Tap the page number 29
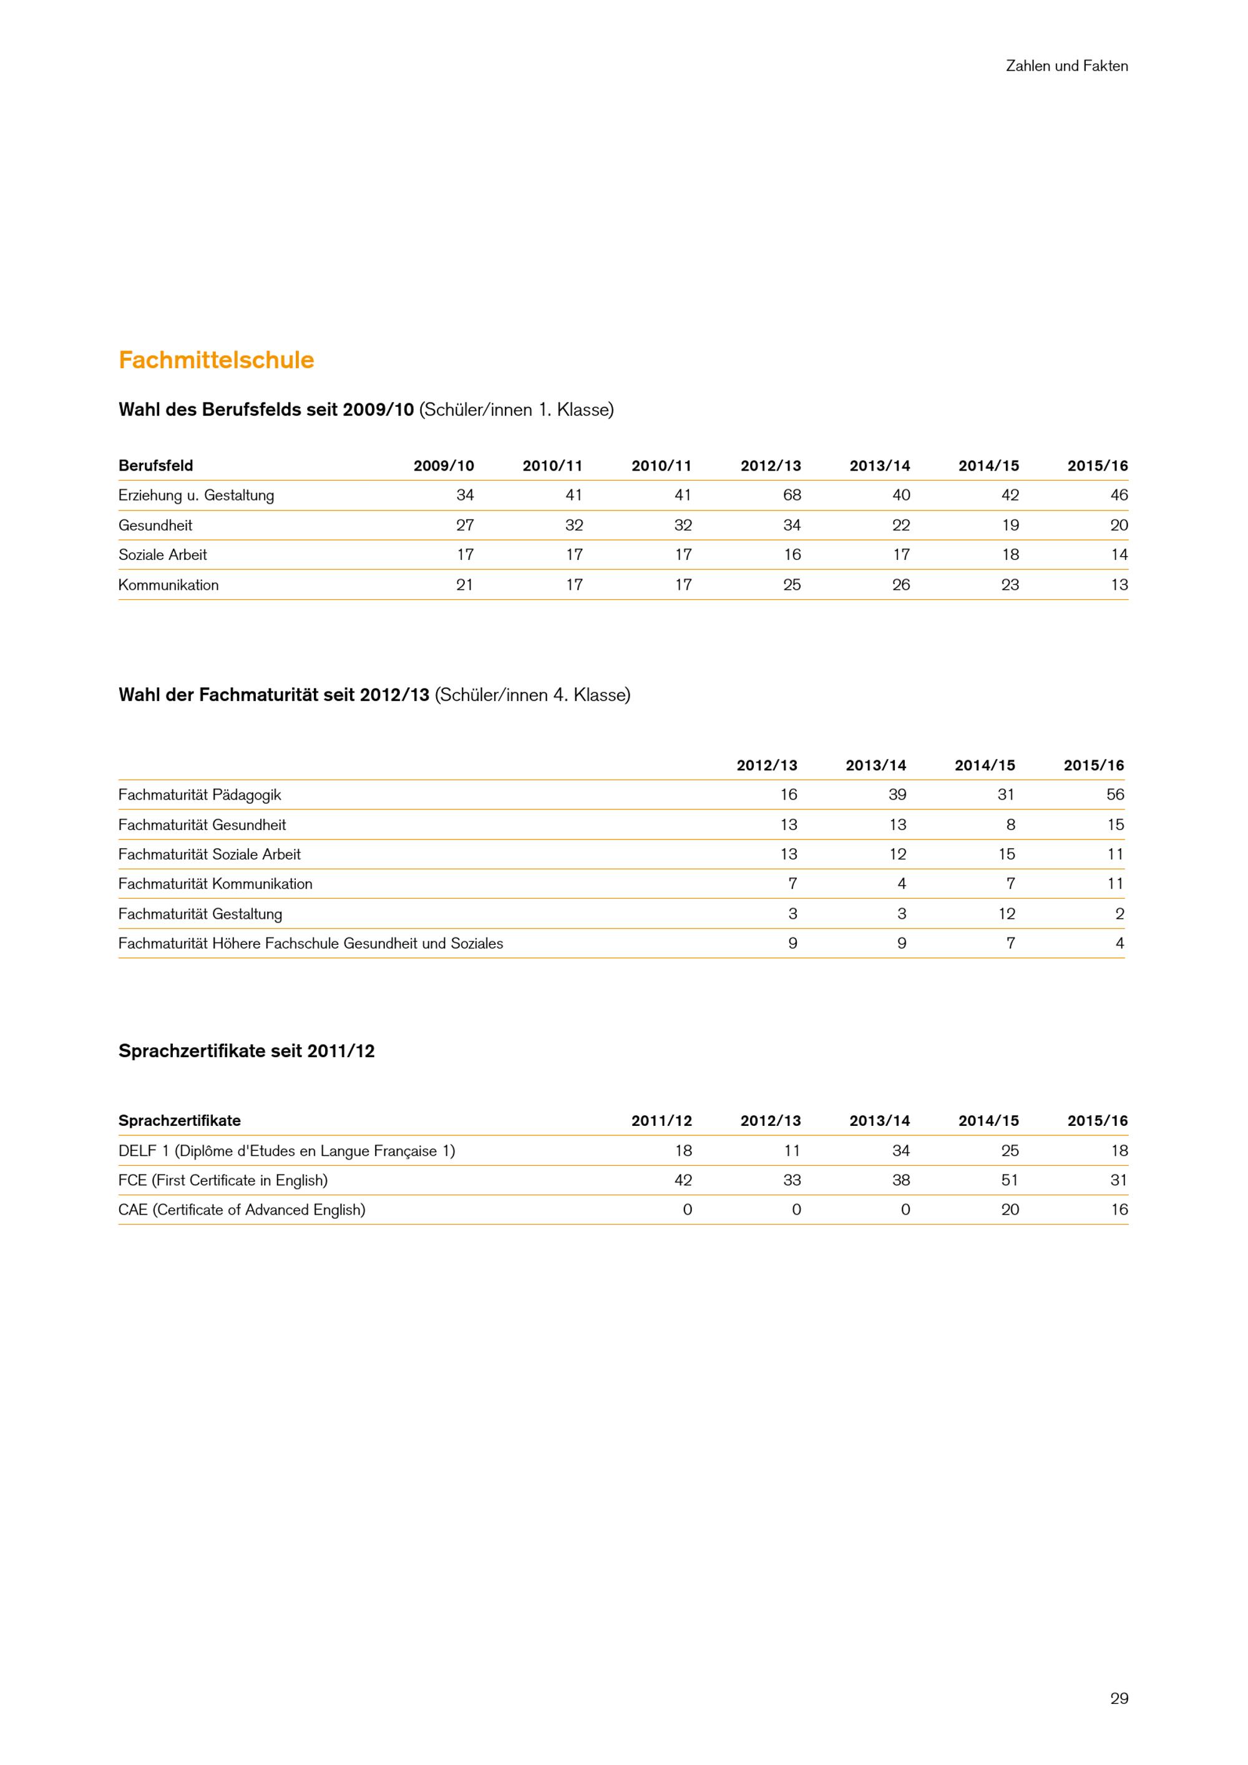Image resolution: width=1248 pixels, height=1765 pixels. point(1119,1698)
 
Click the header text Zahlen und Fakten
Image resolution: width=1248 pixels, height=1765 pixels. point(1066,66)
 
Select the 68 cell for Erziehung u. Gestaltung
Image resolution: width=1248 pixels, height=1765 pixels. point(791,495)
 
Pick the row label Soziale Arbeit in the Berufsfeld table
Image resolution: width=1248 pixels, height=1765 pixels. point(162,554)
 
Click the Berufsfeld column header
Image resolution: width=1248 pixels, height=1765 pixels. point(155,466)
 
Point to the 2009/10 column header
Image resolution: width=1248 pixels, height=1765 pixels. point(444,466)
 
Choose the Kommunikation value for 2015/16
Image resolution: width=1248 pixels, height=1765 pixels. point(1119,584)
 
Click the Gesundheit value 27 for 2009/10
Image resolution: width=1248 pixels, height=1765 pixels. point(464,525)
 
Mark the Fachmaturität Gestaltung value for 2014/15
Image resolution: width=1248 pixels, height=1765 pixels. point(1007,913)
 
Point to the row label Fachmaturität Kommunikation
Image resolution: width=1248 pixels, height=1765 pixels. point(215,883)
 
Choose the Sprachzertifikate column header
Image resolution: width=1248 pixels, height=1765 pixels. point(179,1120)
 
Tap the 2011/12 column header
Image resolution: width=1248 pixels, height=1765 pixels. point(661,1120)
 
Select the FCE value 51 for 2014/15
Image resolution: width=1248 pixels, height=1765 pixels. point(1010,1180)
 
